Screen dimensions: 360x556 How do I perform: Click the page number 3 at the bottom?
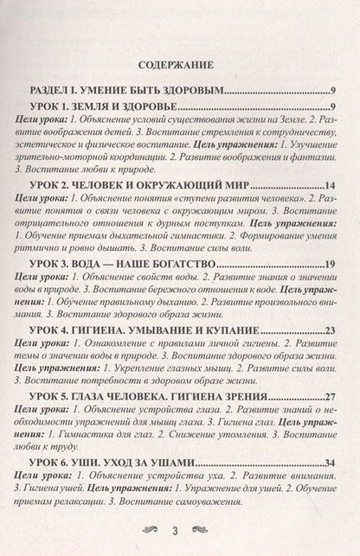179,529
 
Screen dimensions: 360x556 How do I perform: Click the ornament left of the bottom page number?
151,529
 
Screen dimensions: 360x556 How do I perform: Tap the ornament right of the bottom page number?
208,529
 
